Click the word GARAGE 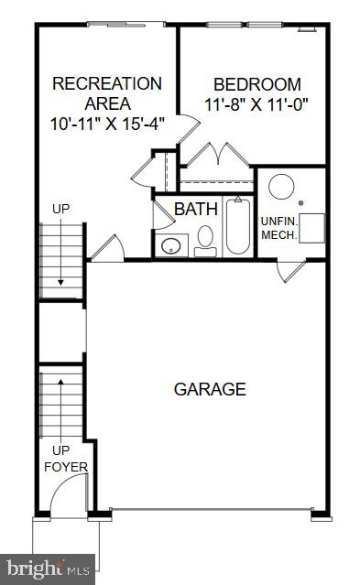click(210, 389)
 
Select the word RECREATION click(107, 83)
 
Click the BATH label click(196, 209)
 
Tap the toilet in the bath click(205, 240)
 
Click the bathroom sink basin click(170, 245)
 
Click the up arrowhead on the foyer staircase click(60, 378)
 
